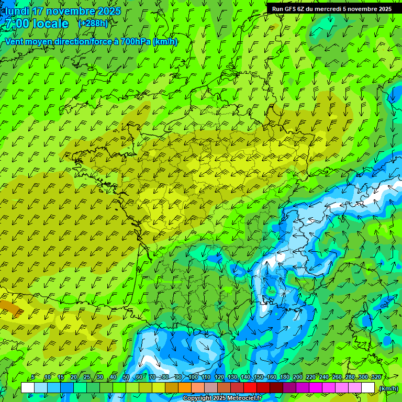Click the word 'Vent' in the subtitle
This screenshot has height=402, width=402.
[15, 41]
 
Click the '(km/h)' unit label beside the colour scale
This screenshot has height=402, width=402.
[388, 388]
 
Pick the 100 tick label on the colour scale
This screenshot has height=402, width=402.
[193, 377]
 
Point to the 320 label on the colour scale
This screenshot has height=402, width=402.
[375, 377]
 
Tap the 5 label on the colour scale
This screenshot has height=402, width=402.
[33, 377]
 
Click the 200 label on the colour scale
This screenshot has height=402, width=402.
[297, 377]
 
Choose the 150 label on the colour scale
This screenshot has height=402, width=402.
[258, 377]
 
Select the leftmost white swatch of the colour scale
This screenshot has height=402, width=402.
[28, 388]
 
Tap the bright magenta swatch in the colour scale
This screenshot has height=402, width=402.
[316, 388]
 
